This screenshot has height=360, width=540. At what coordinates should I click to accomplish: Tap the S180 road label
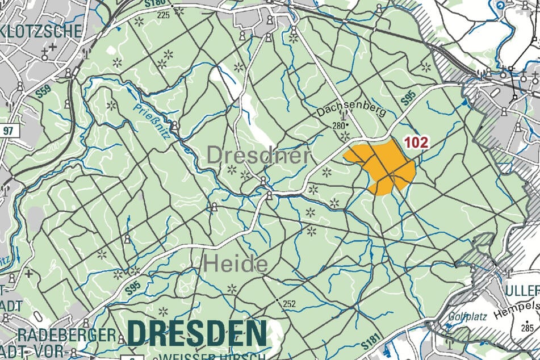click(x=154, y=5)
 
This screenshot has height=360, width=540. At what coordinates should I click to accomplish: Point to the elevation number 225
click(x=164, y=15)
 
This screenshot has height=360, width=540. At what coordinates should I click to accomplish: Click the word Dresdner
click(x=258, y=155)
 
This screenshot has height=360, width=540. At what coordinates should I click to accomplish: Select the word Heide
click(x=235, y=263)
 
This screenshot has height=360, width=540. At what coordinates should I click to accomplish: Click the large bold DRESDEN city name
click(x=196, y=333)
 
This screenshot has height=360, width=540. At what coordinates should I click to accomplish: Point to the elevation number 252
click(x=289, y=304)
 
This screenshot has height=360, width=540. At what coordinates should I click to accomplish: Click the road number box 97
click(x=8, y=131)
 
